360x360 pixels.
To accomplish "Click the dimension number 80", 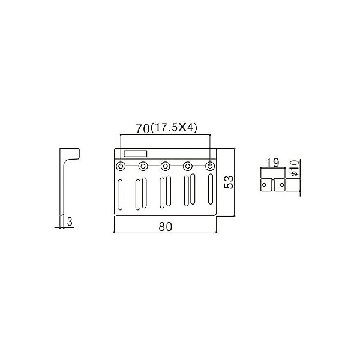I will [x=166, y=227].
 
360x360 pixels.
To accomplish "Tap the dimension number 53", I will [x=229, y=182].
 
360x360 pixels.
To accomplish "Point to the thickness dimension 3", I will [x=70, y=222].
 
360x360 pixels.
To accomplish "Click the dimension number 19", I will [x=271, y=162].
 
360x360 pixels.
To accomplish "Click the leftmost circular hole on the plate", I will [x=122, y=166].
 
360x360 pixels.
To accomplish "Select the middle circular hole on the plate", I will [x=166, y=166].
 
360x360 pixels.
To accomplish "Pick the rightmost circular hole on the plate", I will [x=210, y=166].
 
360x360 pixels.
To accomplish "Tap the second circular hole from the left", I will [x=144, y=166].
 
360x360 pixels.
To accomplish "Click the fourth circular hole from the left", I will [x=188, y=166].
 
